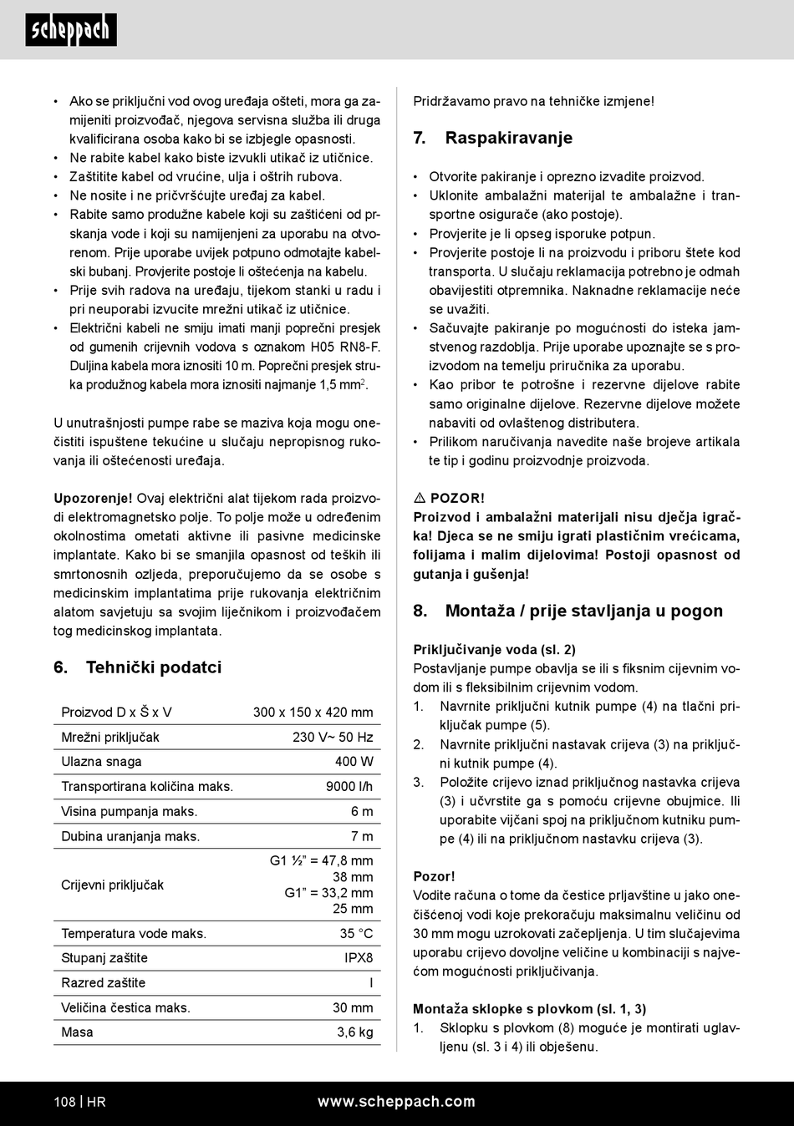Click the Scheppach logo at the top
point(70,30)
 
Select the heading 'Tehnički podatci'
point(154,667)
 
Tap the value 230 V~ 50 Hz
point(333,737)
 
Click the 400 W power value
point(354,762)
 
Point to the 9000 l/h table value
point(349,786)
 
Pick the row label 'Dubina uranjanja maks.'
point(130,836)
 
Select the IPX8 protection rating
point(359,958)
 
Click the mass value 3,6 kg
point(355,1032)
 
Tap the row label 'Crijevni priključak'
point(112,885)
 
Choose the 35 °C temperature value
point(356,934)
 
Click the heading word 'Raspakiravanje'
point(508,139)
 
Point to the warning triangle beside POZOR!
point(420,499)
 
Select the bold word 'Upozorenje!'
point(93,499)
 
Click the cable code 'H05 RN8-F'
point(345,347)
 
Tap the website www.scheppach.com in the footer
point(396,1102)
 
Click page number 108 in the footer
point(64,1102)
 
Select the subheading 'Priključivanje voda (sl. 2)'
point(494,650)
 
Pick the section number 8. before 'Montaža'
point(420,611)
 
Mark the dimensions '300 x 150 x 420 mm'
point(313,713)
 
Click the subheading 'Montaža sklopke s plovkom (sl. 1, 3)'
point(529,1009)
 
